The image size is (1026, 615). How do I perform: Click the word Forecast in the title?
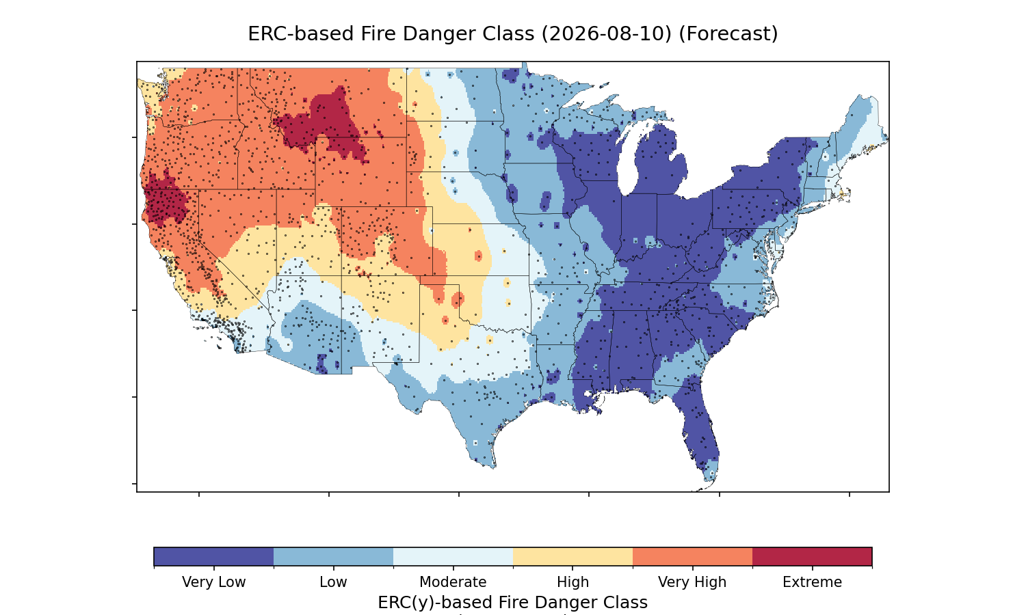click(x=728, y=34)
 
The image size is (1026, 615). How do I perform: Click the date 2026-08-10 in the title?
click(x=607, y=34)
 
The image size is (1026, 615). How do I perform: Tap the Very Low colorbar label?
click(x=214, y=582)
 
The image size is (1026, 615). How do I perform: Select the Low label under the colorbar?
click(x=334, y=582)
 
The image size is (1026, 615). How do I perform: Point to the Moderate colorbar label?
click(x=453, y=582)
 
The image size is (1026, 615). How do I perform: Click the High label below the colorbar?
click(x=573, y=582)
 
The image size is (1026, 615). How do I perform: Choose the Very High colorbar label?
click(x=692, y=582)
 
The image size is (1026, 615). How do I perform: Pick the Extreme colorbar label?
click(x=812, y=582)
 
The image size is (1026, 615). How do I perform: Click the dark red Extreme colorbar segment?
click(x=812, y=556)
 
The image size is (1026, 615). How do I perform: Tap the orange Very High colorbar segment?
click(x=692, y=556)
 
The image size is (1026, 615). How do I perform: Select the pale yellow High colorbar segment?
click(x=573, y=556)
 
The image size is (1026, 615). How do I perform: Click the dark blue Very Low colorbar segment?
click(x=214, y=556)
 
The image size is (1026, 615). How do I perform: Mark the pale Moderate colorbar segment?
click(x=453, y=556)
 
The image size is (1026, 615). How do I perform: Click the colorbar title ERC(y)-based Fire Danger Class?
click(x=512, y=603)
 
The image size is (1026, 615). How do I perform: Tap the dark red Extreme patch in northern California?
click(x=166, y=199)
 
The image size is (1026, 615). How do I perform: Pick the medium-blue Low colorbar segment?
click(x=334, y=556)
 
